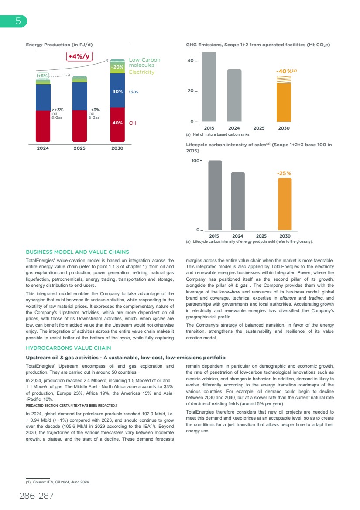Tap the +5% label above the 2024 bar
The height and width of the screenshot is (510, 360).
(43, 76)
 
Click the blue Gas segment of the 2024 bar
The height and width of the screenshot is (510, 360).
(43, 97)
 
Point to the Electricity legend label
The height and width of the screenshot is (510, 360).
(142, 72)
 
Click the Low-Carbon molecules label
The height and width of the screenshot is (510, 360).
(144, 62)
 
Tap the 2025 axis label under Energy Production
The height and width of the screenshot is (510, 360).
(80, 148)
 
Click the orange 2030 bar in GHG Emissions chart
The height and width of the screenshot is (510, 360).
(284, 102)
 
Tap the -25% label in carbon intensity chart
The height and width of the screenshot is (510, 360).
(284, 173)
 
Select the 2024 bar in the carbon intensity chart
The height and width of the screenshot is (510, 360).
(237, 201)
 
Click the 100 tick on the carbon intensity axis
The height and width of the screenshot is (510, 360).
(197, 161)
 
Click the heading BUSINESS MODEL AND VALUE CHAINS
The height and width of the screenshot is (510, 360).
(78, 252)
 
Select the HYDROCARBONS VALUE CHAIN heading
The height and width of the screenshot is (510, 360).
(69, 348)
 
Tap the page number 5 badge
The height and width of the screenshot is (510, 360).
(17, 21)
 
